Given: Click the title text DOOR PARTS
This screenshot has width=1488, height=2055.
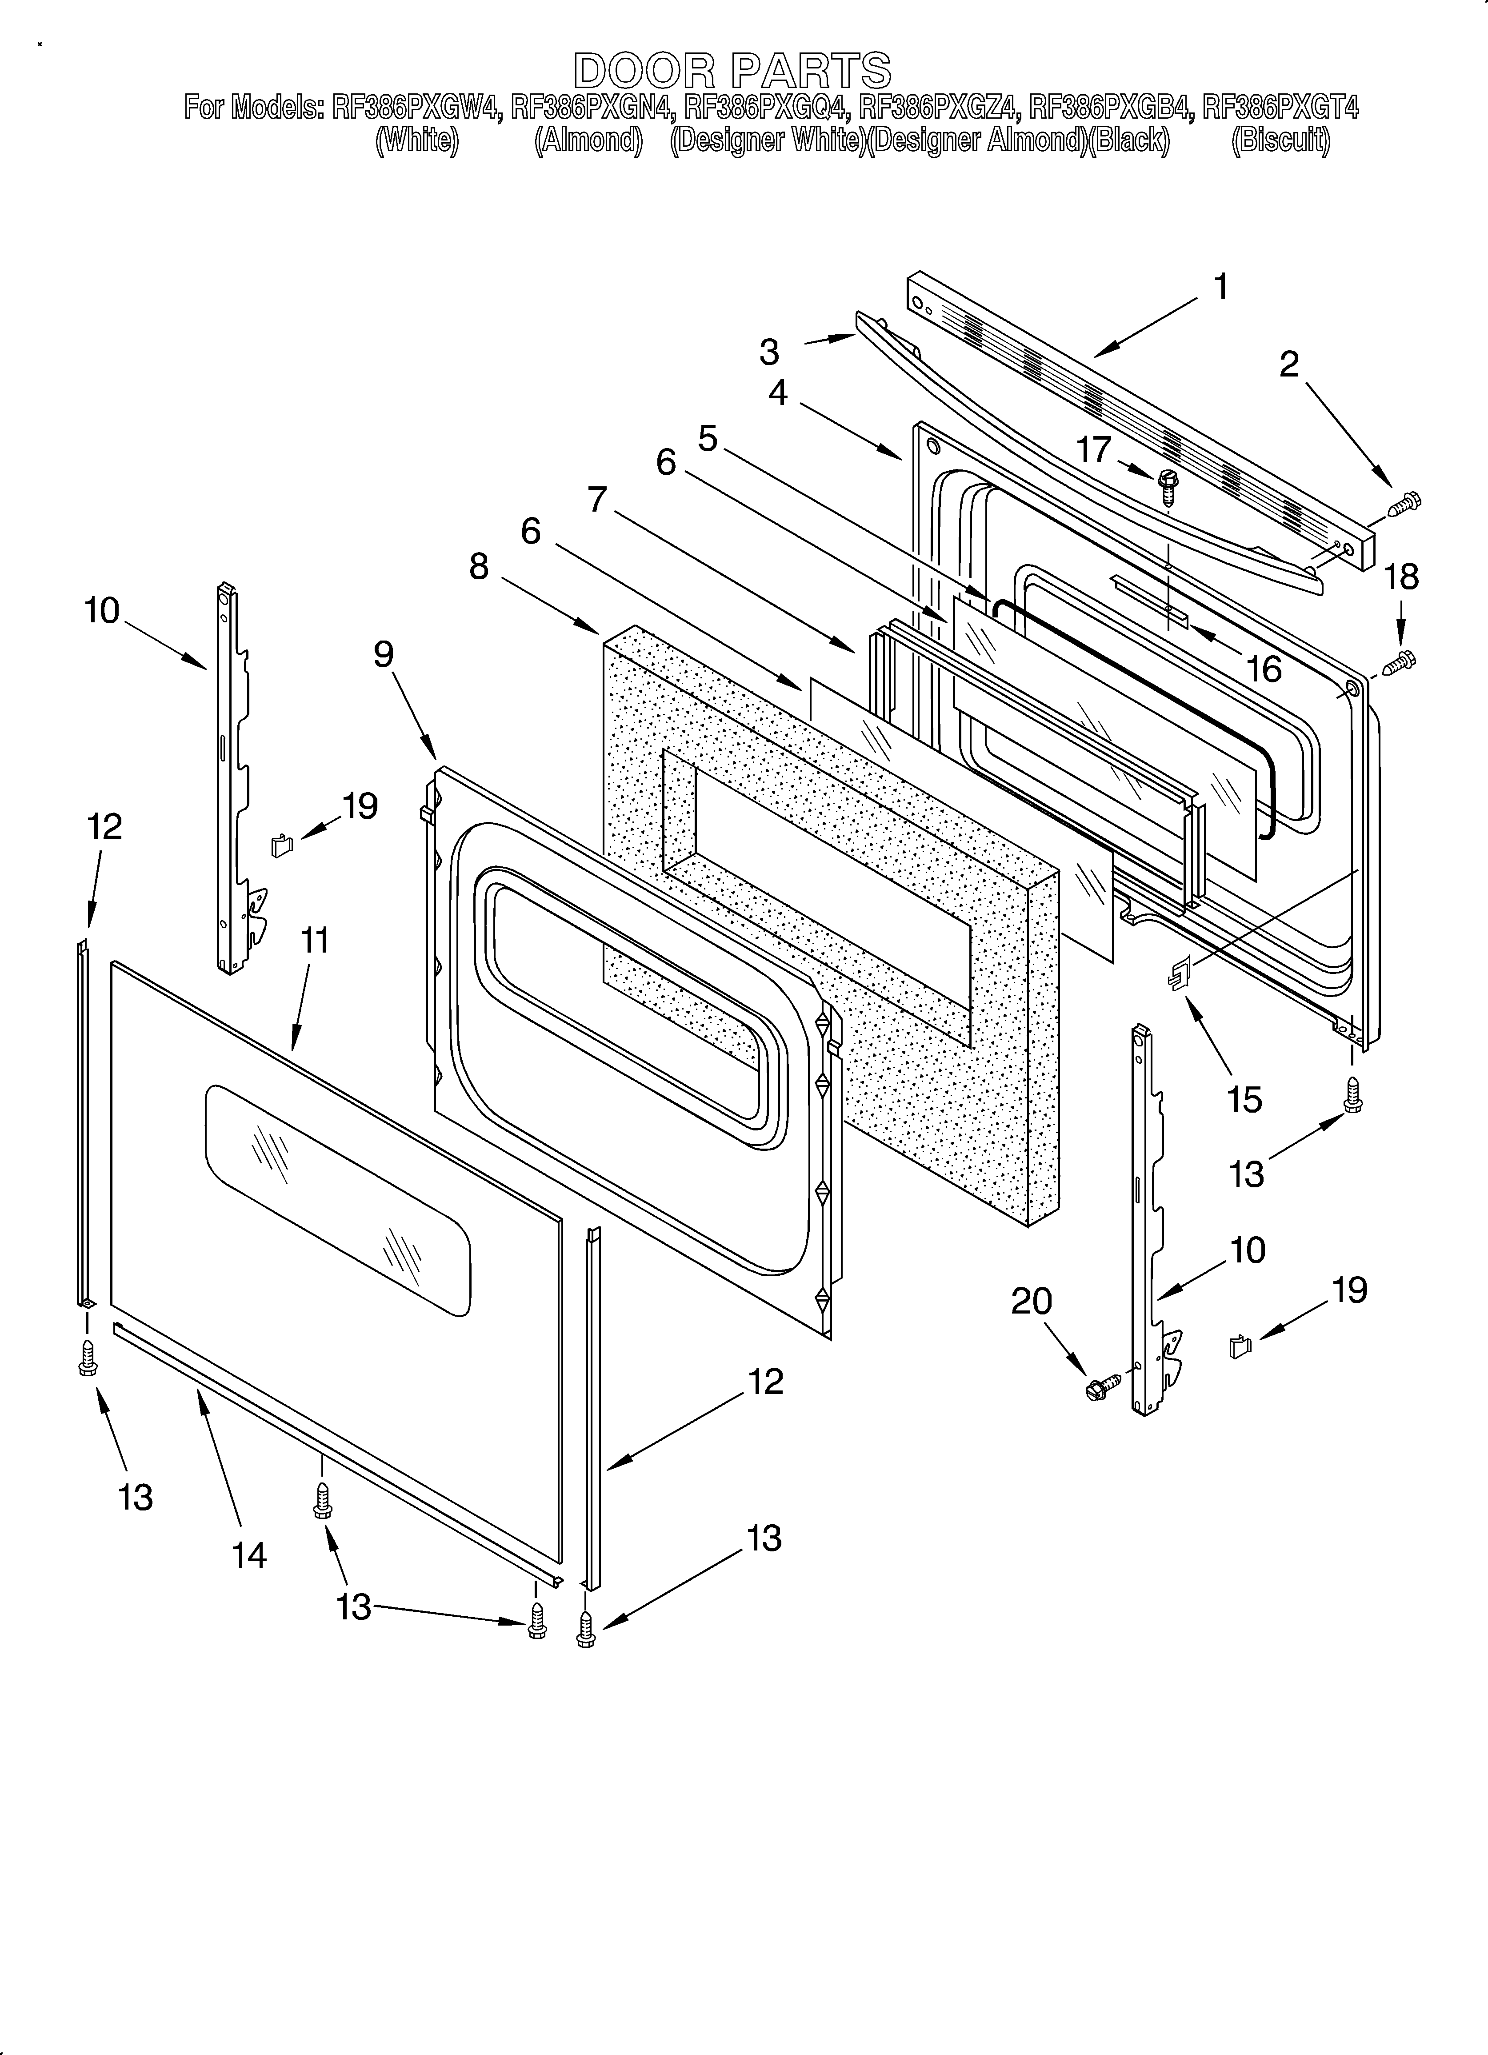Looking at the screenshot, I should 732,70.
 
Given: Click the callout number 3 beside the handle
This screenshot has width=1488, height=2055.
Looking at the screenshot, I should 769,353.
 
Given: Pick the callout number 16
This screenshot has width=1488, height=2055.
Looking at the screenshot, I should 1263,669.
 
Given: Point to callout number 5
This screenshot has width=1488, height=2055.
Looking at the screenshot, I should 708,439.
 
